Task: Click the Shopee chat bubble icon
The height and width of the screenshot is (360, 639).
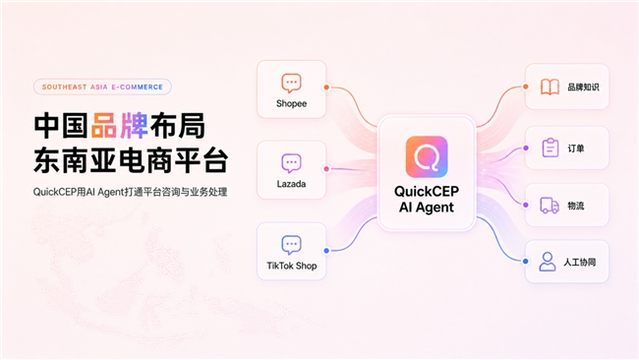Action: click(291, 84)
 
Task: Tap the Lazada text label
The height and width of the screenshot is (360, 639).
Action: click(291, 184)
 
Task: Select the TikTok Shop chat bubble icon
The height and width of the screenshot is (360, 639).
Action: click(291, 245)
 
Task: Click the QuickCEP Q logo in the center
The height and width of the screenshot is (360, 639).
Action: click(427, 157)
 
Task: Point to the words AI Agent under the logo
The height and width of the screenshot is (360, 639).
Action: click(427, 208)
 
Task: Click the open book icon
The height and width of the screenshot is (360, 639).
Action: click(550, 87)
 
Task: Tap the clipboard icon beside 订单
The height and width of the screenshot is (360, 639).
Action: click(551, 148)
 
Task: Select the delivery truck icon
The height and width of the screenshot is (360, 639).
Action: click(550, 206)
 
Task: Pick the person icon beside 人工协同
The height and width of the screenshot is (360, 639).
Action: click(548, 262)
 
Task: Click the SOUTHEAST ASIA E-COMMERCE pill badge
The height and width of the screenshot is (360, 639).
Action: click(102, 87)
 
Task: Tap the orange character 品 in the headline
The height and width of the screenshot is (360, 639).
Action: click(104, 126)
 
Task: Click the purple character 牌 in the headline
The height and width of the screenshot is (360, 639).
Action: click(134, 126)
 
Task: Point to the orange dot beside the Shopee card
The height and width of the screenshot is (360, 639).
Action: click(326, 88)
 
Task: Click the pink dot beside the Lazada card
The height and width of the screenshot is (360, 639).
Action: click(326, 169)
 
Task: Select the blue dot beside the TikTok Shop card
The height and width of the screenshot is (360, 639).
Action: click(326, 251)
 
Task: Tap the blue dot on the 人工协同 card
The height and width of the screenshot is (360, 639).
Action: click(526, 262)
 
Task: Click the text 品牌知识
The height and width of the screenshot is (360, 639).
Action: click(583, 87)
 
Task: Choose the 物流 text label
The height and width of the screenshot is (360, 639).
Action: click(576, 206)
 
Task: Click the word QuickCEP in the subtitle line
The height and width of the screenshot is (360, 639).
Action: click(53, 192)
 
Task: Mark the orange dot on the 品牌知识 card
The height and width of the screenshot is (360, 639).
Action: click(526, 87)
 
